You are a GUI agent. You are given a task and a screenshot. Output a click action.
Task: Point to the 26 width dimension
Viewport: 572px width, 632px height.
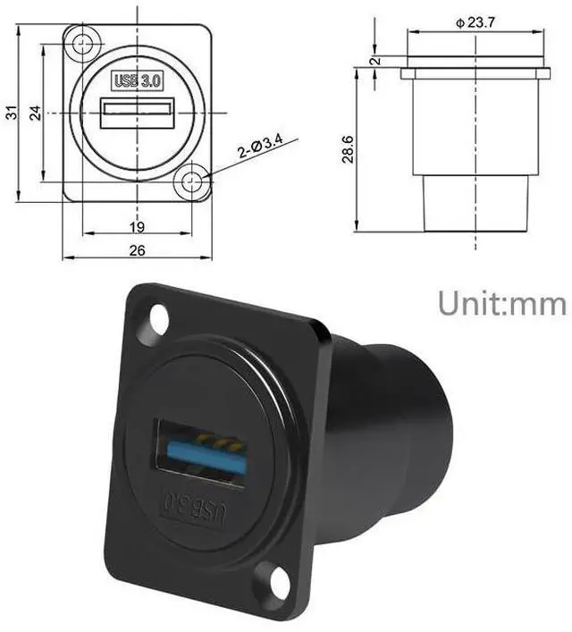(x=137, y=251)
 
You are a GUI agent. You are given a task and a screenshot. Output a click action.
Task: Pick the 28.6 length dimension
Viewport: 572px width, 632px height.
(x=349, y=148)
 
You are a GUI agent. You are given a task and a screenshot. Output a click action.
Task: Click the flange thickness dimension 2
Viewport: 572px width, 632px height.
(x=376, y=62)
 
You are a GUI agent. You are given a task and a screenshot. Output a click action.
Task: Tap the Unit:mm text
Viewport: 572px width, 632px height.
(x=501, y=303)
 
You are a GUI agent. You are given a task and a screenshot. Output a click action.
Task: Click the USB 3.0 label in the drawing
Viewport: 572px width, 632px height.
(x=137, y=80)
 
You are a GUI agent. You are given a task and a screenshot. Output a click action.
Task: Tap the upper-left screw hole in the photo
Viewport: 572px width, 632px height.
(x=160, y=317)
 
